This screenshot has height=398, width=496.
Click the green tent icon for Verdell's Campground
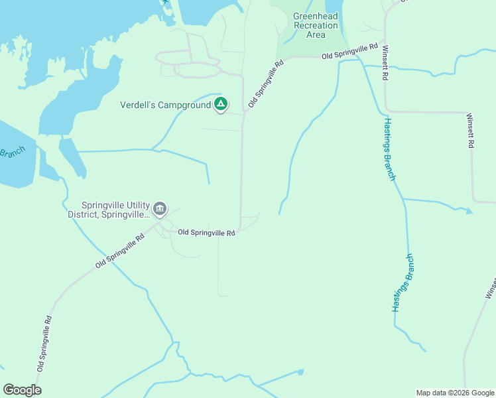pyautogui.click(x=221, y=104)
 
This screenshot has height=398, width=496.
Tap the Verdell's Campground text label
pyautogui.click(x=164, y=105)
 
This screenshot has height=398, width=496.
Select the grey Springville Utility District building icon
pyautogui.click(x=160, y=210)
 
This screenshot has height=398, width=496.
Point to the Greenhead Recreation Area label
pyautogui.click(x=316, y=25)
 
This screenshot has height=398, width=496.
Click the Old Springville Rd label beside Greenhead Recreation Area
pyautogui.click(x=349, y=52)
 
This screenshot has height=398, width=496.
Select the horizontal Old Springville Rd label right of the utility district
pyautogui.click(x=206, y=233)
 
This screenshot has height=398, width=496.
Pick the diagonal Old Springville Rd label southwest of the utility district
pyautogui.click(x=119, y=251)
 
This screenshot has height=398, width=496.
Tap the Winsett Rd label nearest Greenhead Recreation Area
pyautogui.click(x=384, y=62)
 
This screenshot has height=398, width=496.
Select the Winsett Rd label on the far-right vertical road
pyautogui.click(x=471, y=130)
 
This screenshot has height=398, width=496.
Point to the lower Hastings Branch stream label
pyautogui.click(x=403, y=283)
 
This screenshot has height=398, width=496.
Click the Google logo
pyautogui.click(x=22, y=390)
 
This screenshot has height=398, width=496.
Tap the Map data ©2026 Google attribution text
pyautogui.click(x=454, y=393)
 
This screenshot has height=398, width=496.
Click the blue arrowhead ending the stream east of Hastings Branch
pyautogui.click(x=469, y=212)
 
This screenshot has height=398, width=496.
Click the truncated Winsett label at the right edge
pyautogui.click(x=490, y=287)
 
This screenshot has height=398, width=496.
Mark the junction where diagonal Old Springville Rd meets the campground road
pyautogui.click(x=244, y=113)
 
